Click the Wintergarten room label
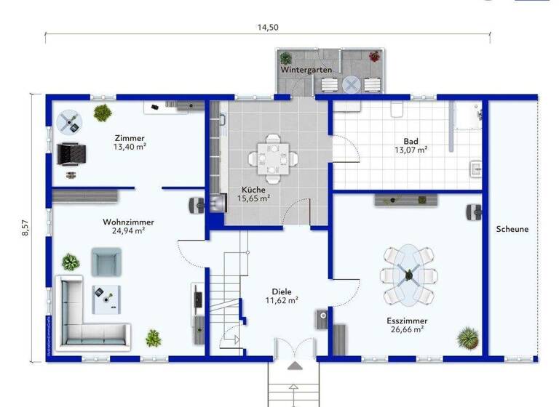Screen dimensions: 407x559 (x=306, y=70)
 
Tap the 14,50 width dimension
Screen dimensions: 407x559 (x=267, y=28)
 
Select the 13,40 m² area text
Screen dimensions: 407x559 (x=130, y=148)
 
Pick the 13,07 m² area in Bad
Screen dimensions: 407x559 (x=411, y=150)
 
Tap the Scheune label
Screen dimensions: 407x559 (x=512, y=229)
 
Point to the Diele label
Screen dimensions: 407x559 (x=282, y=291)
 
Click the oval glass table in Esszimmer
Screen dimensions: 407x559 (x=408, y=275)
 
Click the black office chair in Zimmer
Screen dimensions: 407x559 (x=72, y=153)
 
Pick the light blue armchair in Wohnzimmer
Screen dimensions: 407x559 (x=106, y=261)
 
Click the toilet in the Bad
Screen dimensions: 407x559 (x=397, y=108)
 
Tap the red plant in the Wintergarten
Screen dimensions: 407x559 (x=375, y=56)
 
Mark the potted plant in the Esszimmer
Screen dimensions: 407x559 (x=467, y=337)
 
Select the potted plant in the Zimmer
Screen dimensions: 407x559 (x=103, y=113)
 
